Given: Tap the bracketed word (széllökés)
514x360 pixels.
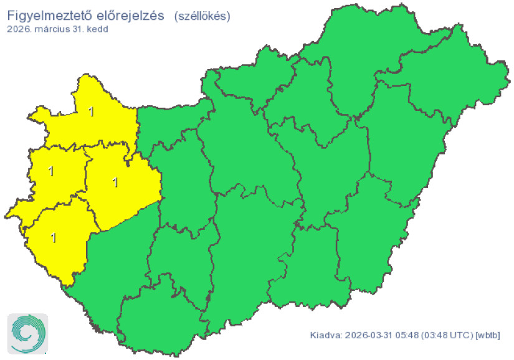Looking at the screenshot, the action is tap(203, 16).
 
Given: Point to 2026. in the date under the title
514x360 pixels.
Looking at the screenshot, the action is tap(18, 29).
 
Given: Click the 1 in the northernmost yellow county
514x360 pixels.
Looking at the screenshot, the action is tap(92, 112).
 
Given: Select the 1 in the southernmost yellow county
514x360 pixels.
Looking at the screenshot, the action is tap(53, 237).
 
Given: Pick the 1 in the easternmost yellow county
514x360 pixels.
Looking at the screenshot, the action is tap(115, 182).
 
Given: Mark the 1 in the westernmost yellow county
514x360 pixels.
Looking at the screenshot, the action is tap(51, 171).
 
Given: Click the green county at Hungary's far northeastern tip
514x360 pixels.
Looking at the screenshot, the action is tap(455, 69).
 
